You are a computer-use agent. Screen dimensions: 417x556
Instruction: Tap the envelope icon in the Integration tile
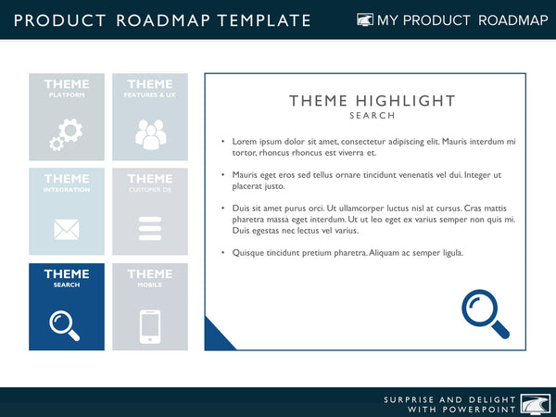(66, 229)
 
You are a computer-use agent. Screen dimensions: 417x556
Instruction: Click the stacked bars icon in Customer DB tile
(149, 229)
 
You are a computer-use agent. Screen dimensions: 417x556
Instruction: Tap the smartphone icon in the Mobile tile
(149, 326)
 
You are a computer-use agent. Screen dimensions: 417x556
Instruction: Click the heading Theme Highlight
(373, 101)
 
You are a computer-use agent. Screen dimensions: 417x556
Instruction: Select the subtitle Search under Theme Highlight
(373, 116)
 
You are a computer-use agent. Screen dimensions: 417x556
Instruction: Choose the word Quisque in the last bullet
(249, 253)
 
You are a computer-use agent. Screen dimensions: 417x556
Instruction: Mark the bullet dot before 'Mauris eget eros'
(222, 175)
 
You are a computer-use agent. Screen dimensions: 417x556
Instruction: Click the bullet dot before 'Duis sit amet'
(222, 208)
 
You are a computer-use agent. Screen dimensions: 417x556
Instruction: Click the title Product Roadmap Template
(162, 20)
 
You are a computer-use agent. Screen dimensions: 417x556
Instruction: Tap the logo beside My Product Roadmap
(365, 20)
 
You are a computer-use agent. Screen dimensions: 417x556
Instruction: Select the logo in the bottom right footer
(537, 402)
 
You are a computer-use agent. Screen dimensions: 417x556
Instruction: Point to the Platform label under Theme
(66, 95)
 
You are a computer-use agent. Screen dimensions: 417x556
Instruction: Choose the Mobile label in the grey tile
(149, 285)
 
